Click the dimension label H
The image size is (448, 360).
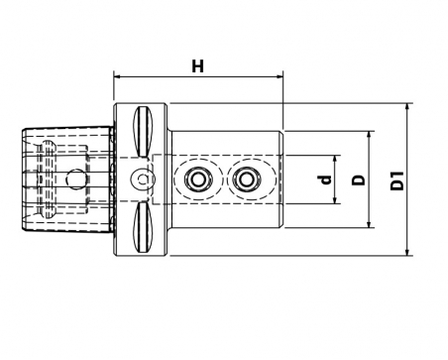198,66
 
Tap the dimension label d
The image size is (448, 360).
326,180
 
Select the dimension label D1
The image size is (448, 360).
397,180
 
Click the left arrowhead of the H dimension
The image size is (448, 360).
116,77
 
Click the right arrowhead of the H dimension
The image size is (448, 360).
280,77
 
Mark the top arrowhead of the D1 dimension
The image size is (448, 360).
407,107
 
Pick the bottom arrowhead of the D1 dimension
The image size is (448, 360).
407,252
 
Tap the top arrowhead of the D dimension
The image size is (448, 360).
369,135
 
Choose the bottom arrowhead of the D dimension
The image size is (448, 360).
369,224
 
